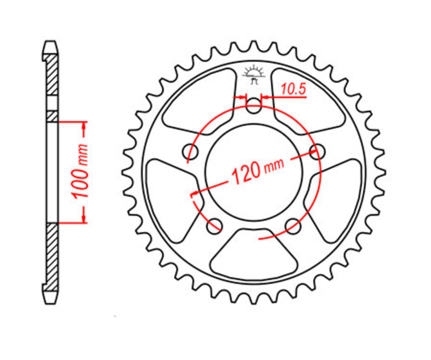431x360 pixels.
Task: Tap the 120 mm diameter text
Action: (x=257, y=171)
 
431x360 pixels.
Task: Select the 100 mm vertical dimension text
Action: (x=80, y=171)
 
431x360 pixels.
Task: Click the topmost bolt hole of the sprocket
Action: (x=254, y=106)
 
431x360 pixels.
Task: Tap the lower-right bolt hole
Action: (x=292, y=225)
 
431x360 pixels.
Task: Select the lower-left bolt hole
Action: (x=215, y=225)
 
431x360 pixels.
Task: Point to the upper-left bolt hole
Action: (x=191, y=152)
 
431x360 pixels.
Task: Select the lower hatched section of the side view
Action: (x=52, y=254)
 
